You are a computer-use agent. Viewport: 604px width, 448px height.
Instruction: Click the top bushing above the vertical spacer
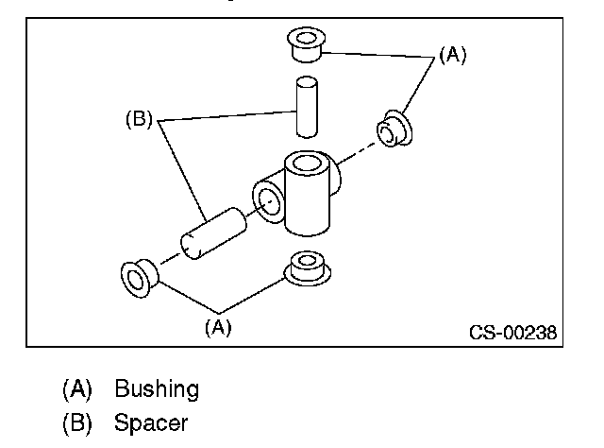306,44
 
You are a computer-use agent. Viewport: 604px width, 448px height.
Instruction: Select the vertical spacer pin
307,107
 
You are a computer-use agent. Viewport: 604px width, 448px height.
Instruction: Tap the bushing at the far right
394,129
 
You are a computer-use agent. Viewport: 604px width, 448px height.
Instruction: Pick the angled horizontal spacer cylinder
213,233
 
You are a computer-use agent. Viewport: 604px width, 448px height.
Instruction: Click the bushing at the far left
139,278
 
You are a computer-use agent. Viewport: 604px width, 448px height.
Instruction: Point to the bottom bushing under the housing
307,268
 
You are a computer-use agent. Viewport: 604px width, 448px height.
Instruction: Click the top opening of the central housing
307,164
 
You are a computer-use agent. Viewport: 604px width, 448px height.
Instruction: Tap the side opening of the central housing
269,201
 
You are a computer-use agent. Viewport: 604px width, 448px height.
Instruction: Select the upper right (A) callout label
453,55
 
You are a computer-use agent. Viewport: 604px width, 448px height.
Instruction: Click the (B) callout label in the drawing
139,119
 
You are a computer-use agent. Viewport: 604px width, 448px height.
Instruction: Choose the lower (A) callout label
218,328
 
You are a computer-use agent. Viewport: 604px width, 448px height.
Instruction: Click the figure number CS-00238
512,333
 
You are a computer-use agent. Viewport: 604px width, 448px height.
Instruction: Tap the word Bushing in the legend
157,389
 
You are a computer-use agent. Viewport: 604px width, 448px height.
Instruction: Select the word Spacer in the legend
151,422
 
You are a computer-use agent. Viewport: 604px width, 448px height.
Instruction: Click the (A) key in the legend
77,388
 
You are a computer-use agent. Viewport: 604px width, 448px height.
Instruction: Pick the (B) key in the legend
77,422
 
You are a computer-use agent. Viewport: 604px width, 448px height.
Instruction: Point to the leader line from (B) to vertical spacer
226,115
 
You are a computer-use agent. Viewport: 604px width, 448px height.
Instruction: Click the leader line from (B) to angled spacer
181,170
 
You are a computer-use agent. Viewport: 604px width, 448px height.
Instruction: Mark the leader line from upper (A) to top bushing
377,55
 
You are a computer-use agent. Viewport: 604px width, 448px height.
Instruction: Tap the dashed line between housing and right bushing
356,153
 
